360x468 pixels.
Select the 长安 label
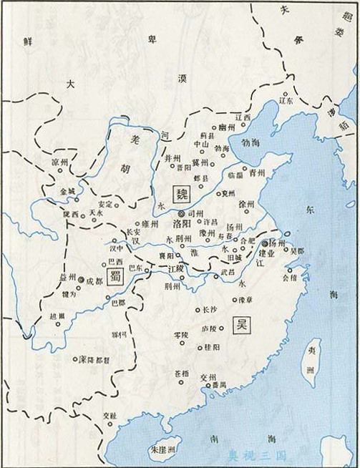point(133,233)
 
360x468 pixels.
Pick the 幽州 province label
point(226,127)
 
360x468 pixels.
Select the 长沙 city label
point(208,310)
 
